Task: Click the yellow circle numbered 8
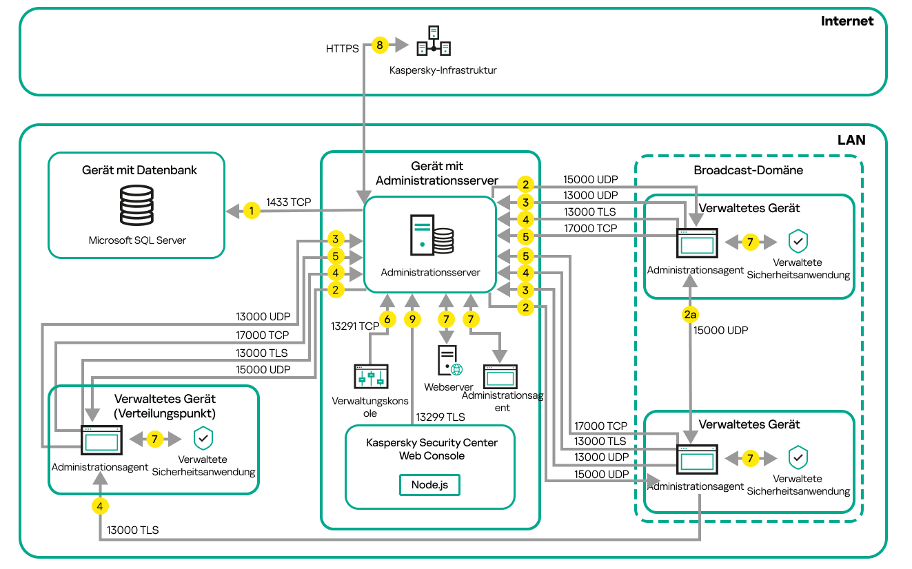pos(379,45)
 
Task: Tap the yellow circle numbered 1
pos(252,211)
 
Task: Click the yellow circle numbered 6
pos(387,320)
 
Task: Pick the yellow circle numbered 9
pos(412,320)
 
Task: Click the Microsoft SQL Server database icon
pos(136,204)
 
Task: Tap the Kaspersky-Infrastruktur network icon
pos(434,41)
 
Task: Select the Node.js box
pos(429,484)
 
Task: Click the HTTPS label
pos(342,49)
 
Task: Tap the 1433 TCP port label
pos(289,202)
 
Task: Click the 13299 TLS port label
pos(440,417)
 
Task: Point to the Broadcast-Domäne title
pos(748,170)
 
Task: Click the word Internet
pos(847,21)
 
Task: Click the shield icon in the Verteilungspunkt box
pos(203,438)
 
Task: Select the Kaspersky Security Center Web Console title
pos(432,449)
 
